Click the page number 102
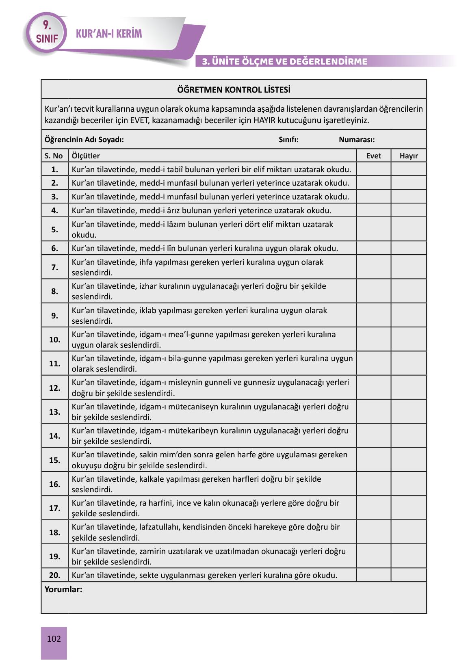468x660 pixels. click(x=54, y=639)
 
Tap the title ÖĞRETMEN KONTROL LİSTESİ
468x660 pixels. click(x=234, y=90)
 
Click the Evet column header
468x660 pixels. click(x=373, y=156)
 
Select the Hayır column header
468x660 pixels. click(x=408, y=156)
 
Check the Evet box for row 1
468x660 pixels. click(x=373, y=169)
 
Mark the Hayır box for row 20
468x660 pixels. click(x=408, y=575)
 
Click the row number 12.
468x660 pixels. click(x=54, y=388)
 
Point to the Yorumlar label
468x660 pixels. click(x=63, y=589)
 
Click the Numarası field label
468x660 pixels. click(x=357, y=140)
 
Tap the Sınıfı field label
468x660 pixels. click(x=288, y=140)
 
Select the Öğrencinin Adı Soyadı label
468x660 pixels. click(x=84, y=140)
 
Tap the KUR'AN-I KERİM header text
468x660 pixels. click(x=109, y=34)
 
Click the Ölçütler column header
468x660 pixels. click(x=86, y=156)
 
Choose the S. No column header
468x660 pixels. click(x=54, y=156)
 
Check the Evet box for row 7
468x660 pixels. click(x=373, y=267)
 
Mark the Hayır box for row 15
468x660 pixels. click(x=408, y=460)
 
